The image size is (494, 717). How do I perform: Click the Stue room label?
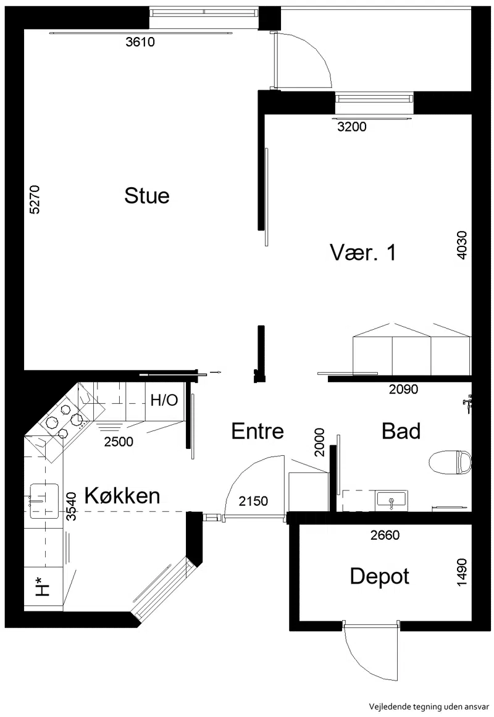click(x=147, y=196)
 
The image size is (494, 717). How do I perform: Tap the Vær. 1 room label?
click(x=362, y=253)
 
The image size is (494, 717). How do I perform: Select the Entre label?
click(x=257, y=431)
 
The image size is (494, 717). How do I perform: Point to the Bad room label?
click(x=401, y=431)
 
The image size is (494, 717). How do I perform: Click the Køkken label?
click(x=122, y=496)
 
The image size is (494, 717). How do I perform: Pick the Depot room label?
click(x=380, y=577)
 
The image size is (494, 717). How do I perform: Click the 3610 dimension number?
click(x=140, y=42)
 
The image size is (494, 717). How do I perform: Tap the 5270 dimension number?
click(x=35, y=199)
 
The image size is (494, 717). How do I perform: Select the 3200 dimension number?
click(x=352, y=127)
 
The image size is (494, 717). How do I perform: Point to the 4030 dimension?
click(x=462, y=246)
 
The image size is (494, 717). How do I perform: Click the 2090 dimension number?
click(x=403, y=389)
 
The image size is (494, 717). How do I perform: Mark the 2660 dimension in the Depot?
click(x=385, y=535)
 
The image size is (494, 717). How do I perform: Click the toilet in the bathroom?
click(x=451, y=462)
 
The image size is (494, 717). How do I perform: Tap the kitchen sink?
click(x=44, y=501)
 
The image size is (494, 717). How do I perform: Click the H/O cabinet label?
click(x=164, y=401)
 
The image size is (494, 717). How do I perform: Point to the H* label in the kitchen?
click(x=42, y=587)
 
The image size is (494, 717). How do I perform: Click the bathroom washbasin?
click(x=391, y=501)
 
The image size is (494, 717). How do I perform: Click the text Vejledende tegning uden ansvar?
click(x=429, y=707)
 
